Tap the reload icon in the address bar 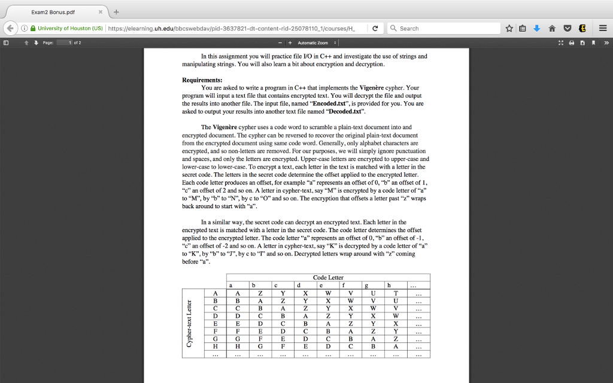tap(375, 28)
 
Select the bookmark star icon tap(509, 28)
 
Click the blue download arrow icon tap(536, 28)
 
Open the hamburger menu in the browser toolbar tap(603, 28)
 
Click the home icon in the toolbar tap(551, 28)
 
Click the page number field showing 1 tap(64, 43)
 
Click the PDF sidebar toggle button tap(6, 43)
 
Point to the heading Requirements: tap(202, 80)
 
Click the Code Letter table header tap(328, 278)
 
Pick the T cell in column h tap(396, 293)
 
